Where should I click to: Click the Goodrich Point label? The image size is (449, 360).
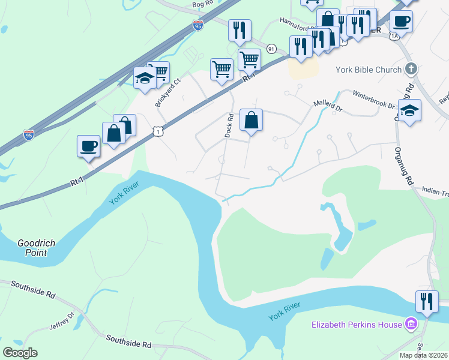point(36,248)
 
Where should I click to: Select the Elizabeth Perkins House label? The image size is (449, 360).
point(356,325)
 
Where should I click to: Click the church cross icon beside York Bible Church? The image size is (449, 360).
point(411,70)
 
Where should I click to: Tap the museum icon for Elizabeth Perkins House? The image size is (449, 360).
point(411,325)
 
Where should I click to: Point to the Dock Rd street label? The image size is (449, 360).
point(229,125)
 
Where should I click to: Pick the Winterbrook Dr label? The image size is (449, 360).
point(373,100)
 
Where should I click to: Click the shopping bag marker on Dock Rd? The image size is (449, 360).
point(252,119)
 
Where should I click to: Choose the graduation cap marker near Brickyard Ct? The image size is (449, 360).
point(145,79)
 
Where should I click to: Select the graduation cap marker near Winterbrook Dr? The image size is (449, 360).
point(410,111)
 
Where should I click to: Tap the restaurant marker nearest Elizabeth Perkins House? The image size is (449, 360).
point(427,301)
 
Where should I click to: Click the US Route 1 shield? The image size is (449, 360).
point(157,130)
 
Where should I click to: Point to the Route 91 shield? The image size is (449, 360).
point(271,48)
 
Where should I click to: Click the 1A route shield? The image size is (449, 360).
point(394,37)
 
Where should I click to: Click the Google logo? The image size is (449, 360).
point(20,353)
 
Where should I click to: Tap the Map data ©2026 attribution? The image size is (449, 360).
point(423,355)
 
